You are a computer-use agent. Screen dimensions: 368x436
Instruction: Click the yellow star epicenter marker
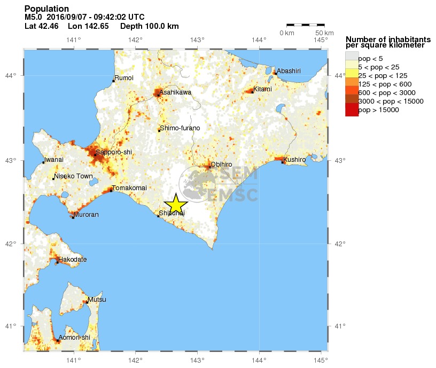[x=176, y=205]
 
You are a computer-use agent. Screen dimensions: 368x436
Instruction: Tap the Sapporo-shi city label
[x=113, y=152]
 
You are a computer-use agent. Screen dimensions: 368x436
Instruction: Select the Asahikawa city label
[x=176, y=92]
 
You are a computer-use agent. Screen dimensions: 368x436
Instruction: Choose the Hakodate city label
[x=72, y=260]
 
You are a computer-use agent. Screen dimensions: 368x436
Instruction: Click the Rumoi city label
[x=124, y=78]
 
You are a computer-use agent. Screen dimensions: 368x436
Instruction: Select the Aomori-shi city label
[x=74, y=337]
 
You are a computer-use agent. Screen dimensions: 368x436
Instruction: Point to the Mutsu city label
[x=97, y=300]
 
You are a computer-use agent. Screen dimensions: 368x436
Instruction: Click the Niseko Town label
[x=73, y=176]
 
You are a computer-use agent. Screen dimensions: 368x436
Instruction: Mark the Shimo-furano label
[x=180, y=128]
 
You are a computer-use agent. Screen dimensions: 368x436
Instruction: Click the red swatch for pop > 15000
[x=352, y=110]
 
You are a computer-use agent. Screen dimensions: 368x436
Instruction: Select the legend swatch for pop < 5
[x=352, y=56]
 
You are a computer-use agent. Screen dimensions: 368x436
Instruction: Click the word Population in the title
[x=46, y=9]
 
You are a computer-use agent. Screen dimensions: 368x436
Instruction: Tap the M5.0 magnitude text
[x=34, y=18]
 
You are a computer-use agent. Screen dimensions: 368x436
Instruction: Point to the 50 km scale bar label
[x=321, y=33]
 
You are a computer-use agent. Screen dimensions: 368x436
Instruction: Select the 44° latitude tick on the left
[x=15, y=75]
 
